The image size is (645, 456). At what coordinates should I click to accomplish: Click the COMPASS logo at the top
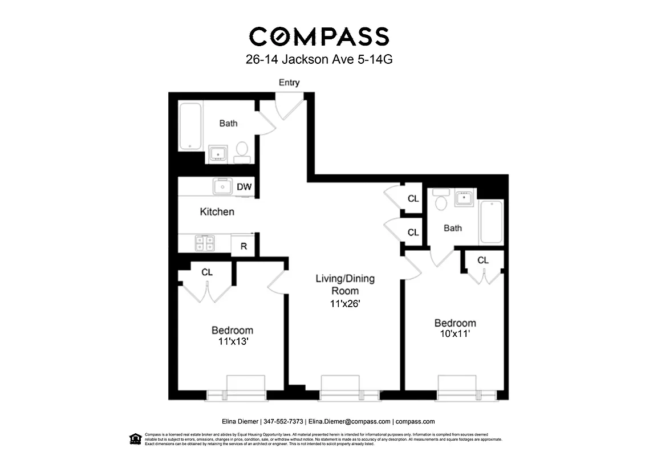coord(319,36)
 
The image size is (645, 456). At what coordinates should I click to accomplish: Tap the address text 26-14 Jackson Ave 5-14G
coord(319,60)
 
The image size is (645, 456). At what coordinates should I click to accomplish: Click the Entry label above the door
coord(289,83)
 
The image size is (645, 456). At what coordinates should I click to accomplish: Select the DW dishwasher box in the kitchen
coord(244,186)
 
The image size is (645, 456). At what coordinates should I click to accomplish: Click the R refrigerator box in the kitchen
coord(244,246)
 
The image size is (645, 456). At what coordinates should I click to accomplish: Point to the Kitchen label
coord(217,212)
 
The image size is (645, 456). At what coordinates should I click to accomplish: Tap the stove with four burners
coord(205,243)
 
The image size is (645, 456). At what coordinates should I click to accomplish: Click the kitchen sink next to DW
coord(222,186)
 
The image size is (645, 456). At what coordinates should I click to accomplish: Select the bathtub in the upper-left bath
coord(190,126)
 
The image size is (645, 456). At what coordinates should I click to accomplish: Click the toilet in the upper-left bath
coord(242,150)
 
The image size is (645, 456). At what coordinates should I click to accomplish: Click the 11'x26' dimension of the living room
coord(345,304)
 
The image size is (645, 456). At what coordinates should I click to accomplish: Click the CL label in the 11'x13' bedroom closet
coord(206,272)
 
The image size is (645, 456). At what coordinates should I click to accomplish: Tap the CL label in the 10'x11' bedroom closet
coord(483,260)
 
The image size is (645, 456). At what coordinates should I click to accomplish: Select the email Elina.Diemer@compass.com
coord(349,422)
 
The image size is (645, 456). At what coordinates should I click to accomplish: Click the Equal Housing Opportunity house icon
coord(135,438)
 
